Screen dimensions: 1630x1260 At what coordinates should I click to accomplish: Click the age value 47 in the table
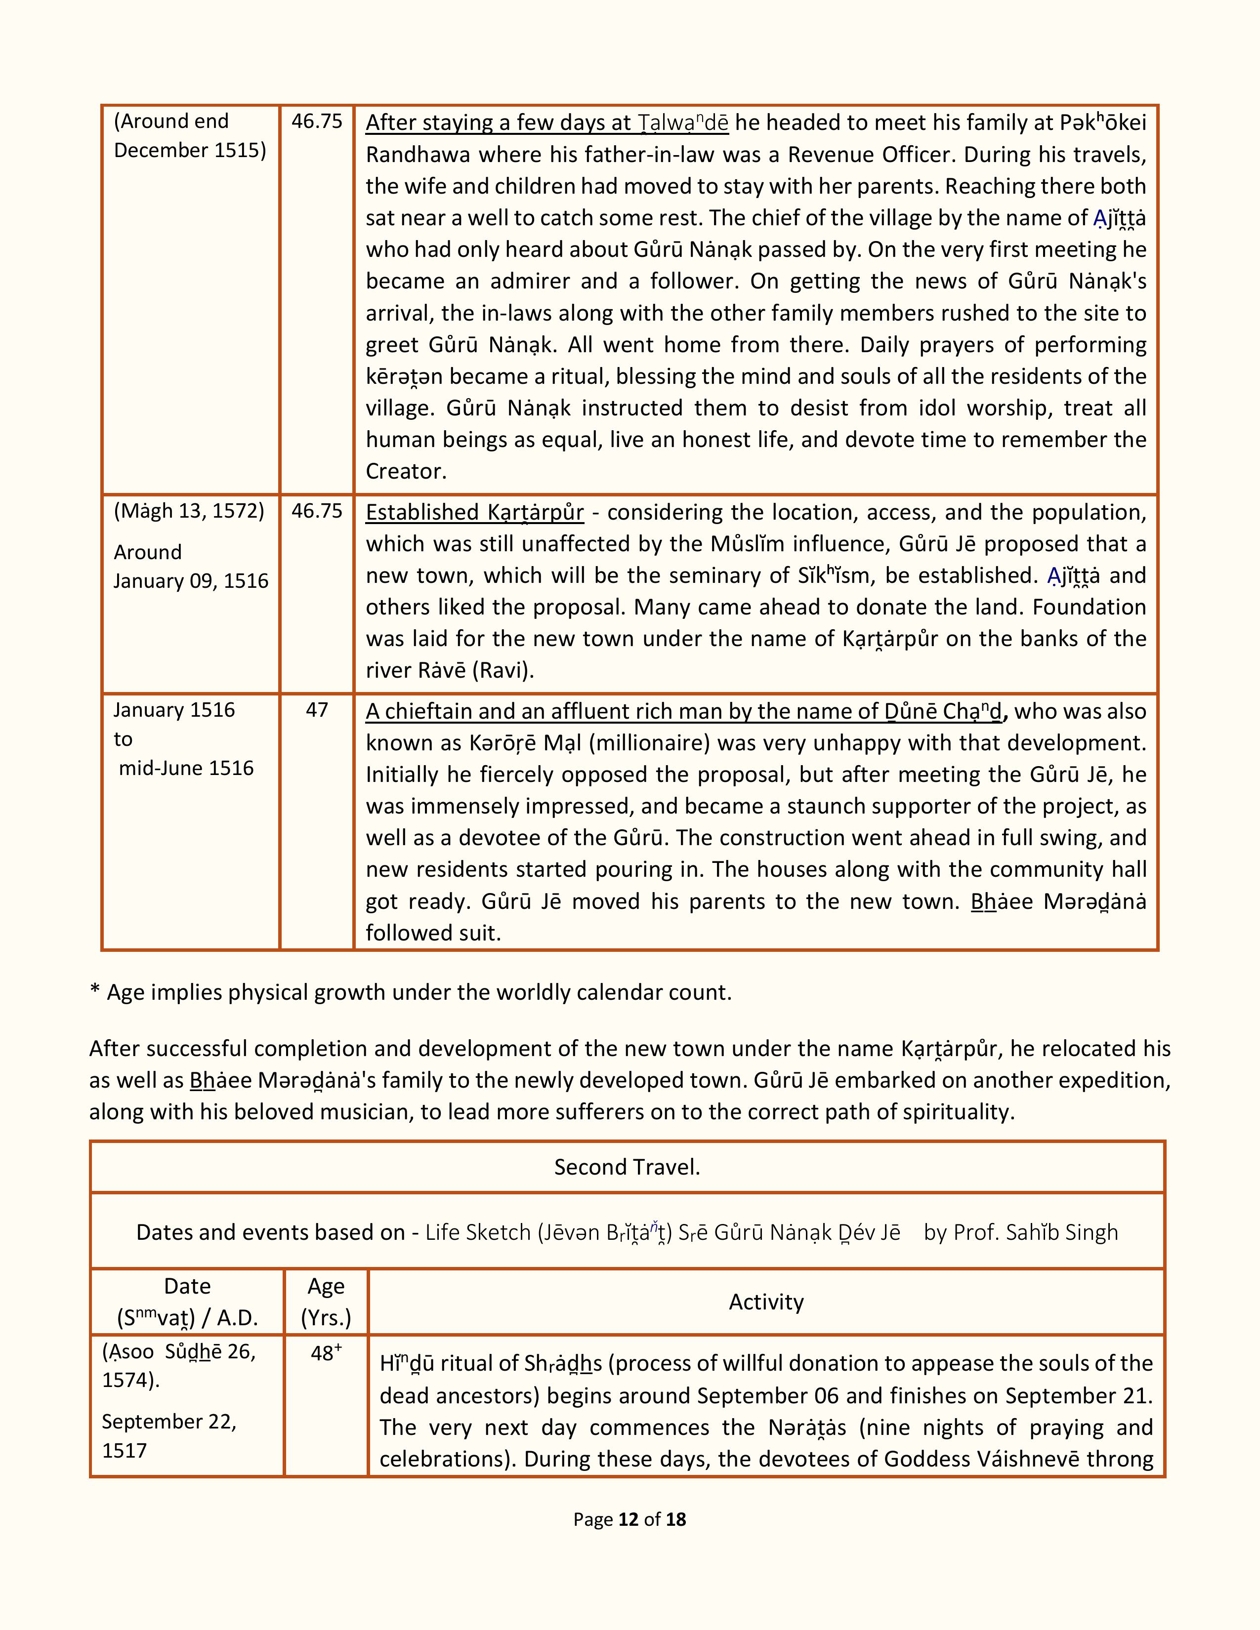pos(317,710)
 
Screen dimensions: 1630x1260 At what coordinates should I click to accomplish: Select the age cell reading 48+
pos(326,1353)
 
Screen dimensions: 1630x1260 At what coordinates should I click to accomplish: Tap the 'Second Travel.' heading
pos(627,1167)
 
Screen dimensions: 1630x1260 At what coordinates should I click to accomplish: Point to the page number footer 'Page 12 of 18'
pos(629,1519)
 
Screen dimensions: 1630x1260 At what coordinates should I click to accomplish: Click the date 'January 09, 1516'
pos(191,581)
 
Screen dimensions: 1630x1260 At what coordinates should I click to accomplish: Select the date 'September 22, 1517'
pos(168,1436)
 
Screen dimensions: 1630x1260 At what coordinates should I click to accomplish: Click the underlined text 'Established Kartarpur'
pos(475,513)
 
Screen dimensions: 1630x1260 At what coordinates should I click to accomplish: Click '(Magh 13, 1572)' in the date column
pos(189,511)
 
